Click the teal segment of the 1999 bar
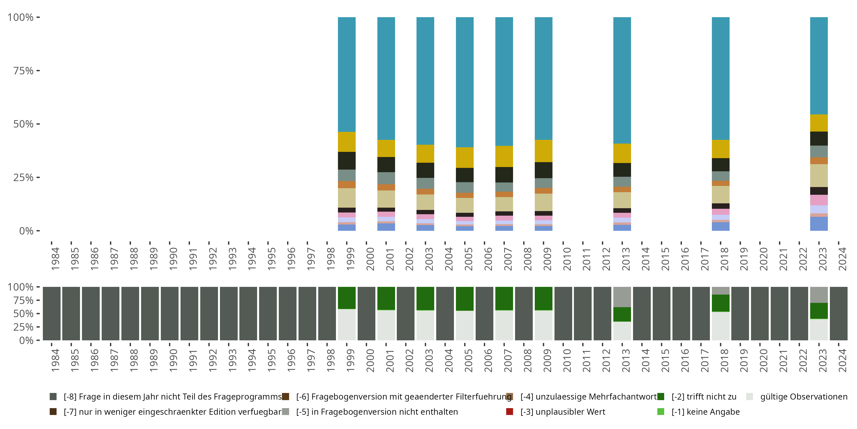347,74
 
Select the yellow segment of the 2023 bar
819,123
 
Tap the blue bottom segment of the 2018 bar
721,227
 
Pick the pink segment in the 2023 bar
819,200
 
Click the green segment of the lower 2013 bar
622,314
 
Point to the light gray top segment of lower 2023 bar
819,295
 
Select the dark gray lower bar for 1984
52,313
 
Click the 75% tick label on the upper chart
23,71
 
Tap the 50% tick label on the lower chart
23,313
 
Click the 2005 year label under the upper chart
468,259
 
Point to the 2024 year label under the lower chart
842,360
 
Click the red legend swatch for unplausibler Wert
509,412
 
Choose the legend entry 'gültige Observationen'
797,397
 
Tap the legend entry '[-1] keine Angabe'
699,412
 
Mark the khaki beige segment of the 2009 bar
543,202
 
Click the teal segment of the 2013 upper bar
622,80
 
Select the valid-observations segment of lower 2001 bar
386,325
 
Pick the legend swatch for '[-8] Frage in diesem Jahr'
53,397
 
